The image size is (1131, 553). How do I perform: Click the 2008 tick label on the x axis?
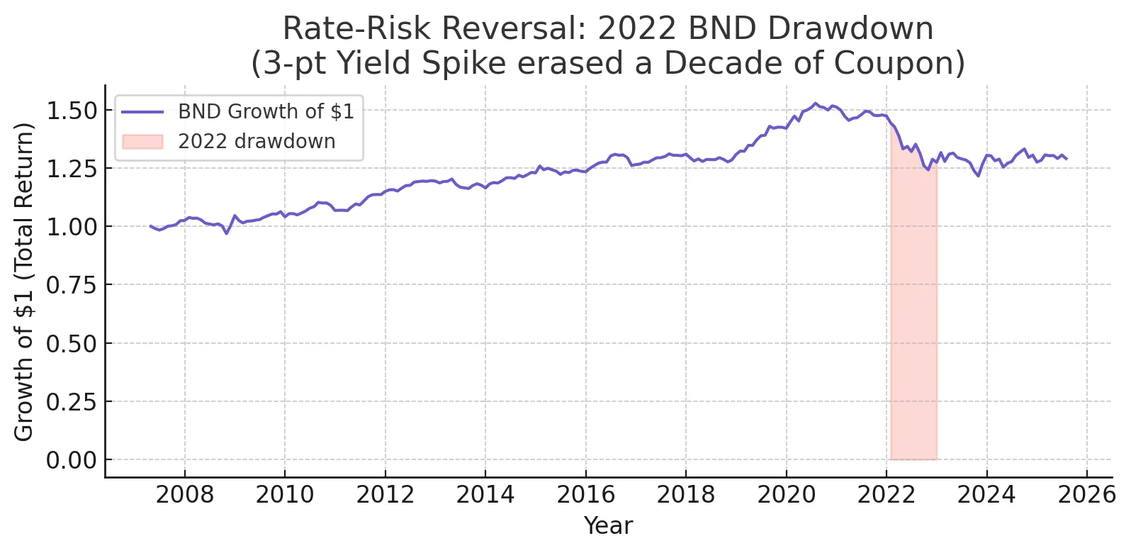point(184,494)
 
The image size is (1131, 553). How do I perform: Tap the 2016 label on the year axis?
point(585,494)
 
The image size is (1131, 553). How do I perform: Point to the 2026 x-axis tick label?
point(1086,494)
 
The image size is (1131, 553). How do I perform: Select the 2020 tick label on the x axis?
point(786,494)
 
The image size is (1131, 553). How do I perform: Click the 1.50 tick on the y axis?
point(71,111)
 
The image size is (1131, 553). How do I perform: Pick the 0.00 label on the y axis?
point(71,460)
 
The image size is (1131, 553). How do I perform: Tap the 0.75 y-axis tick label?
point(71,285)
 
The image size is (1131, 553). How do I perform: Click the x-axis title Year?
point(607,526)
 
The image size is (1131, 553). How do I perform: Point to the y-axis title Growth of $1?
point(24,281)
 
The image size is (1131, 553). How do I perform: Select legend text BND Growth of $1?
point(266,112)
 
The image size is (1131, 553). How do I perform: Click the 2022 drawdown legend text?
point(257,142)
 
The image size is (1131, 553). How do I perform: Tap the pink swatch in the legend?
point(142,142)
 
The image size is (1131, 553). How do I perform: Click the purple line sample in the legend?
point(142,112)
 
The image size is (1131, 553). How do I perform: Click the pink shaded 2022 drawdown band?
point(913,319)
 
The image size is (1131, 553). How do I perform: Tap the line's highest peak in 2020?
point(815,104)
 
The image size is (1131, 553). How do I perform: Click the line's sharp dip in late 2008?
point(226,233)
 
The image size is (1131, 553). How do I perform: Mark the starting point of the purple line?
point(150,226)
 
